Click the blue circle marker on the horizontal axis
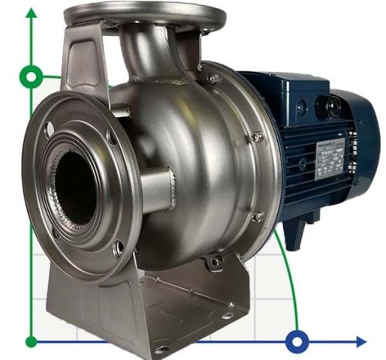pos(297,342)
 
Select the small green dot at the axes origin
pos(32,342)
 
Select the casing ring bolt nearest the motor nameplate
pos(258,137)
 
